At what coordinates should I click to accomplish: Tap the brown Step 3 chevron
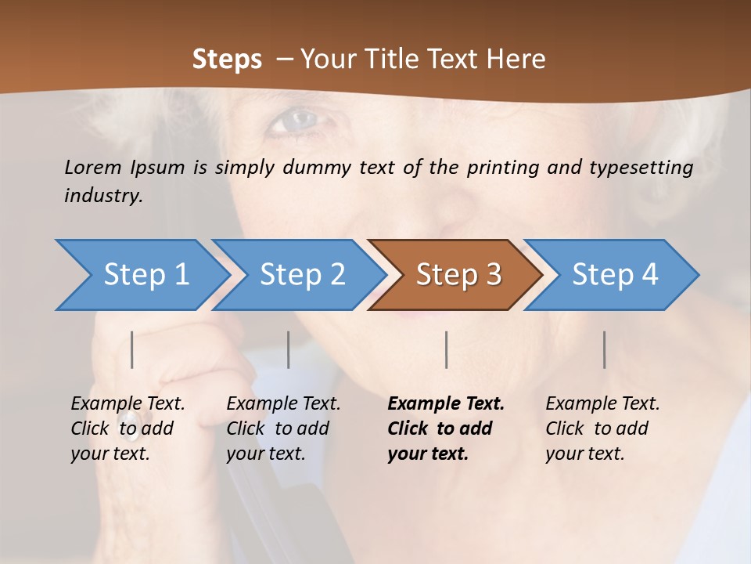coord(458,275)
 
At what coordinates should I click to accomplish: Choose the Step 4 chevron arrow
coord(615,275)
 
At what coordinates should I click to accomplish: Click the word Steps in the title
coord(227,60)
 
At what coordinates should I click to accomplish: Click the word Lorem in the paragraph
coord(93,168)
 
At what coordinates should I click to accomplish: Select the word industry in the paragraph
coord(102,196)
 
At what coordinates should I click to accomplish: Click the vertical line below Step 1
coord(132,349)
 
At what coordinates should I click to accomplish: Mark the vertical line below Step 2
coord(289,349)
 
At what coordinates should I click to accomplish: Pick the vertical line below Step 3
coord(446,349)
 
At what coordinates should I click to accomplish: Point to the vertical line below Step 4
coord(604,349)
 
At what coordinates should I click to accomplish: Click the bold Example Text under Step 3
coord(445,428)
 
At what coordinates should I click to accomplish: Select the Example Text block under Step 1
coord(128,428)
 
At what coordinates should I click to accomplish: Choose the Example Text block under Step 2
coord(283,428)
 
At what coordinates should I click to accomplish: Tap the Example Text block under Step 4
coord(602,428)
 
